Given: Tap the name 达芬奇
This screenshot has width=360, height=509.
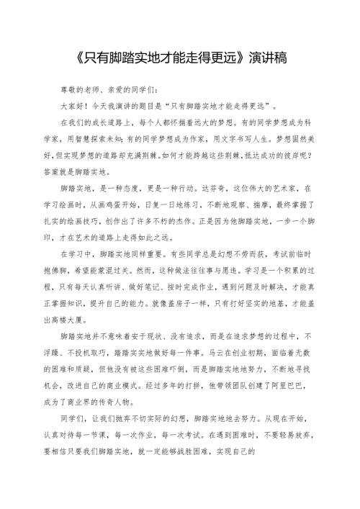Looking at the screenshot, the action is coord(204,187).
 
